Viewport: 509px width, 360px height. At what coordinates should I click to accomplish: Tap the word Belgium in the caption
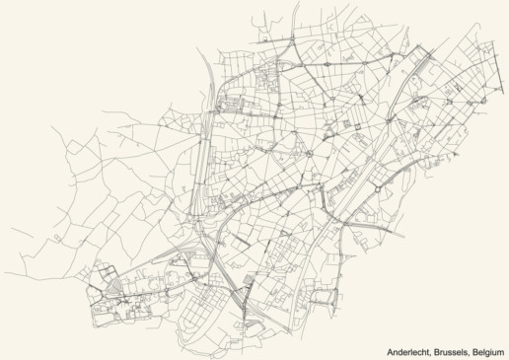point(487,352)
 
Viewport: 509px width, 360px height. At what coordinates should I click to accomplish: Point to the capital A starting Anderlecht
point(387,352)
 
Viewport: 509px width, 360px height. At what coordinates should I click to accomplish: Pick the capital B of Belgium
point(473,352)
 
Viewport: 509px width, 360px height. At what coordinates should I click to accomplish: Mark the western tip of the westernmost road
point(3,273)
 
